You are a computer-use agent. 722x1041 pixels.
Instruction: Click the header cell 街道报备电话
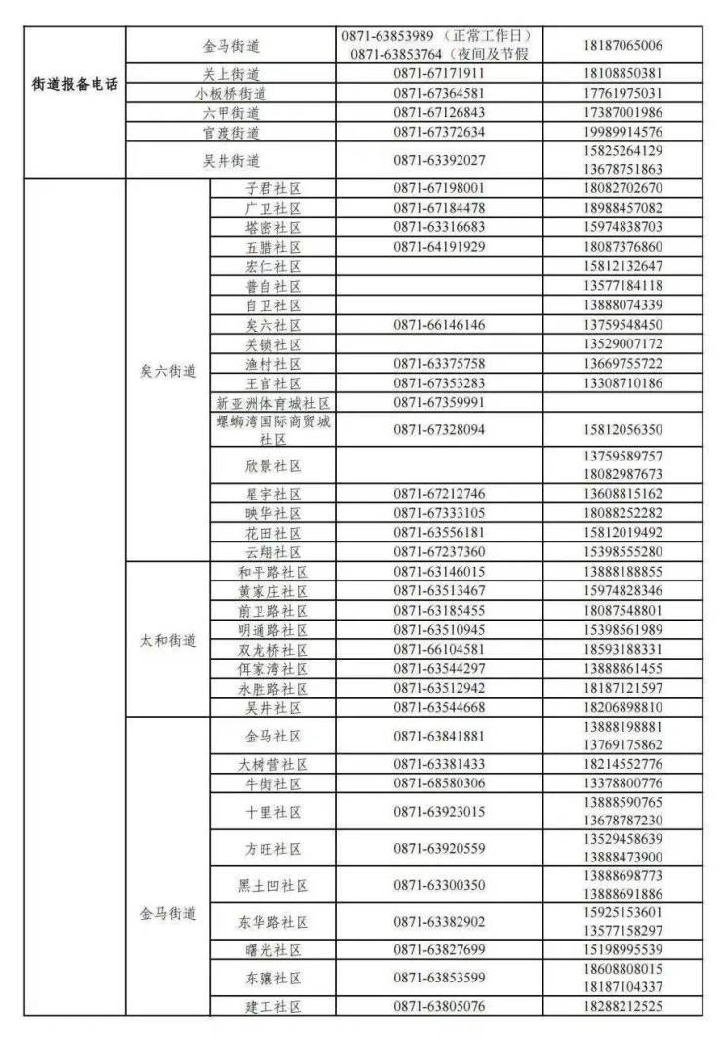(x=75, y=84)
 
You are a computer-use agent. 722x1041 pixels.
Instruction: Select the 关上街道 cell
(x=231, y=73)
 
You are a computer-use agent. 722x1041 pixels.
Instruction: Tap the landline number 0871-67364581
(x=439, y=93)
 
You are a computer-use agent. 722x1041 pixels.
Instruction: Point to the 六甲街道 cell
(x=231, y=112)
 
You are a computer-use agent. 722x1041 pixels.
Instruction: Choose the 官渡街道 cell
(x=231, y=132)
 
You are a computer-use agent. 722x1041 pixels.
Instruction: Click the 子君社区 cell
(x=273, y=188)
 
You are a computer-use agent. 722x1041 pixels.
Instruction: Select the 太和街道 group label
(x=168, y=641)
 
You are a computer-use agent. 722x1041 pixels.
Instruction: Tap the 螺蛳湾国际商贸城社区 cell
(x=273, y=429)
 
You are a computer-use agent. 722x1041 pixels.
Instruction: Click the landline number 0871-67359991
(x=439, y=402)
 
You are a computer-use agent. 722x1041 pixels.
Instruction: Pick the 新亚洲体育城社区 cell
(x=273, y=402)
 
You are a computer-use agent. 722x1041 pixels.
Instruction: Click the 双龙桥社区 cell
(x=273, y=650)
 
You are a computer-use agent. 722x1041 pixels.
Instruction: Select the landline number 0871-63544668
(x=439, y=707)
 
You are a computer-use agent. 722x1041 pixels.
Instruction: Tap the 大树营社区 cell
(x=273, y=764)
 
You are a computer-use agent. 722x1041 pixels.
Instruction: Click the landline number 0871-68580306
(x=439, y=783)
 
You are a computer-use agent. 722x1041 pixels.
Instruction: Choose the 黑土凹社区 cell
(x=273, y=885)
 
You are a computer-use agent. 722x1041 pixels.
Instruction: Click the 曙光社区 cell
(x=273, y=949)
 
